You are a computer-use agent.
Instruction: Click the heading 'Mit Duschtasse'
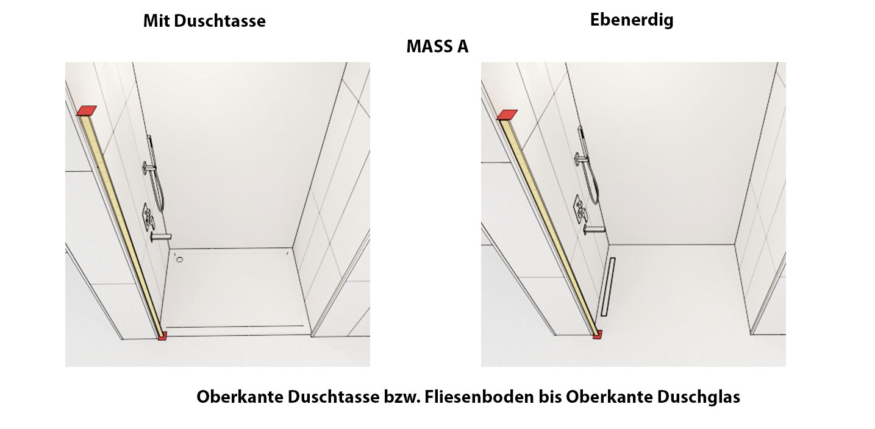click(x=204, y=21)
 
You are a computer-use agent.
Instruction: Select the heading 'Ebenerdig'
click(x=632, y=20)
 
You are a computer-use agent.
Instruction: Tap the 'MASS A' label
click(x=437, y=46)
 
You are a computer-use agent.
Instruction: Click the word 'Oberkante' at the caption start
click(x=240, y=397)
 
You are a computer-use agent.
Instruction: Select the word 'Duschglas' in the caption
click(x=698, y=397)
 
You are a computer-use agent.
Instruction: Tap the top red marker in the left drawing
click(x=87, y=110)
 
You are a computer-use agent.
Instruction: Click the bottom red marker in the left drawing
click(x=162, y=336)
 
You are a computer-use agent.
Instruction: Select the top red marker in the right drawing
click(x=507, y=115)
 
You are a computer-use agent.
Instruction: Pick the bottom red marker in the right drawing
click(x=598, y=335)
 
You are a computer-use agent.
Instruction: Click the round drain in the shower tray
click(x=179, y=259)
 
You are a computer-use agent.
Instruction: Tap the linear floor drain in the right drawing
click(x=608, y=287)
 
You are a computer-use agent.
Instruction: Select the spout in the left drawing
click(x=161, y=236)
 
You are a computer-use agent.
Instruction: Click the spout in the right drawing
click(x=595, y=229)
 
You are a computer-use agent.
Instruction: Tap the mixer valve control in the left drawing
click(x=148, y=218)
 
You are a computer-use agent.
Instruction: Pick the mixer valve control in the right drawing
click(x=580, y=209)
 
